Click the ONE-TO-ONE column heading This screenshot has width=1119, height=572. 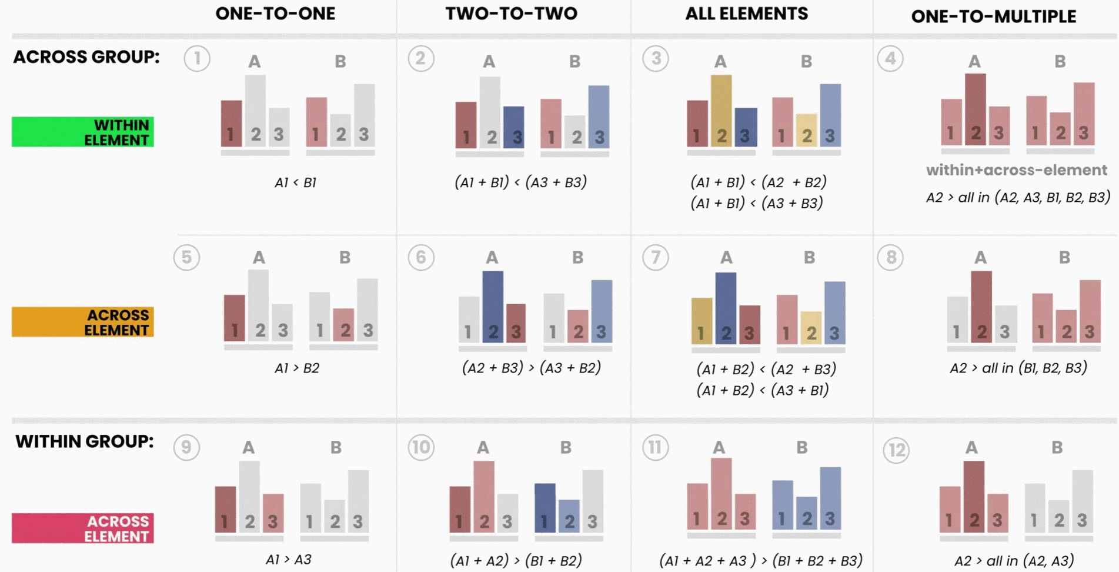tap(275, 14)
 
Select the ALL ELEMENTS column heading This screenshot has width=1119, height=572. tap(746, 14)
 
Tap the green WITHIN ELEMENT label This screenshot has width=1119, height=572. tap(83, 132)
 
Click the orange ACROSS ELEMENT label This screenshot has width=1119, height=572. tap(83, 322)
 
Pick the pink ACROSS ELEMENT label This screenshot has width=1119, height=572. tap(83, 528)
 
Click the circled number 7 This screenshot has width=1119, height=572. tap(655, 258)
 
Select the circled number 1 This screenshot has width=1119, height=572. tap(197, 59)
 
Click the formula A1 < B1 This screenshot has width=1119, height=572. tap(295, 182)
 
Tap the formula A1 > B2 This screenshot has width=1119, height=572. tap(297, 368)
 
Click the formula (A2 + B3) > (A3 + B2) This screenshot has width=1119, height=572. tap(531, 368)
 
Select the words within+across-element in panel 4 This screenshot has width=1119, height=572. tap(1016, 170)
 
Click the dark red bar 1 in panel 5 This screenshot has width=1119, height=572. tap(235, 318)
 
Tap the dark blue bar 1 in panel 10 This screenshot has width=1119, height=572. tap(545, 507)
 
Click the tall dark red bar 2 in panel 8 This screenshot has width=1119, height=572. tap(981, 306)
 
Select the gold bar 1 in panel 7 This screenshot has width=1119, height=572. tap(702, 321)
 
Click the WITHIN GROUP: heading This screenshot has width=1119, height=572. tap(85, 441)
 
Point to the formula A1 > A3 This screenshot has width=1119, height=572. tap(288, 559)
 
